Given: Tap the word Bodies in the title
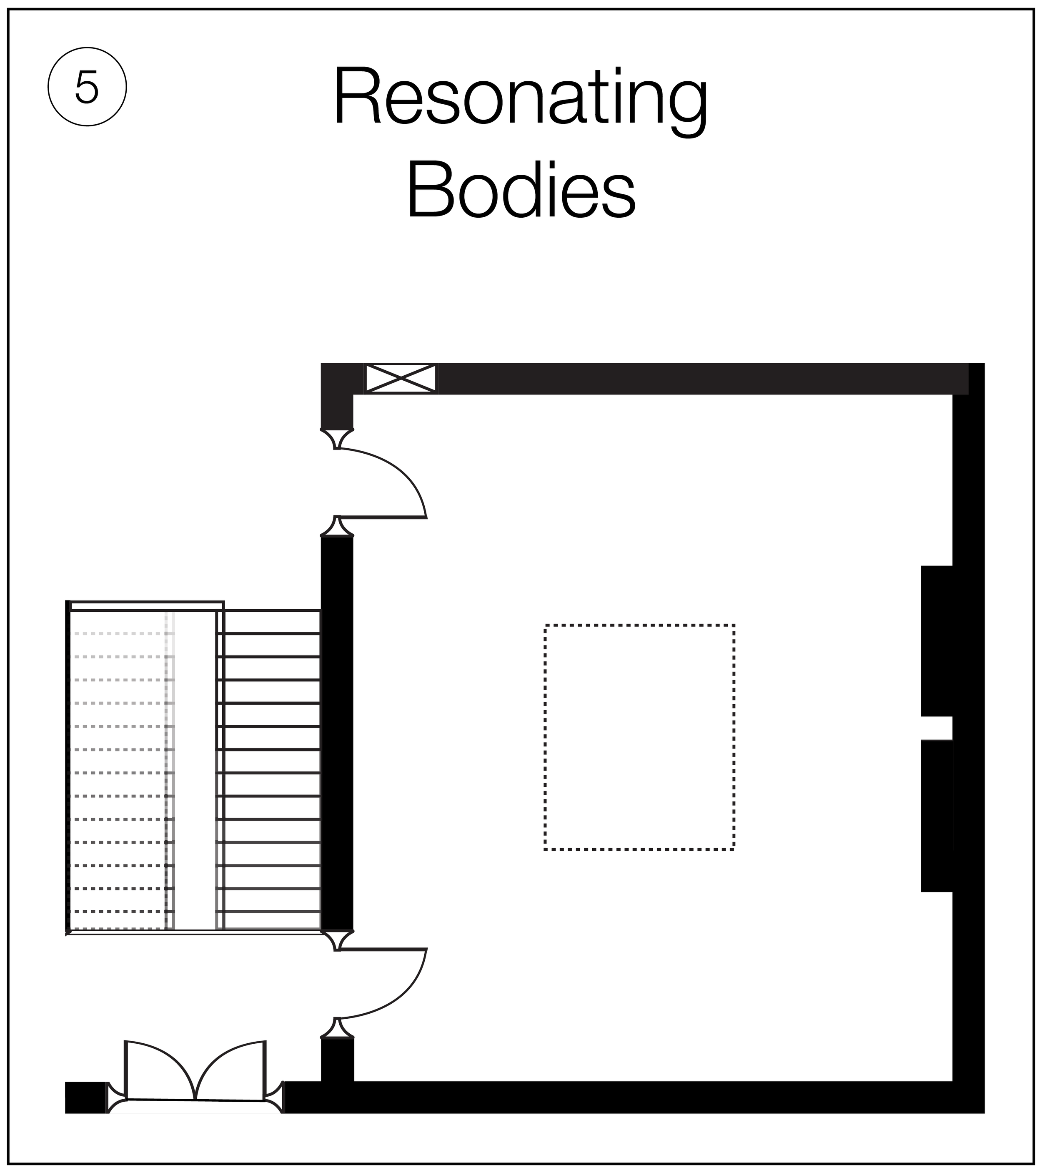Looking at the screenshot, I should pyautogui.click(x=520, y=189).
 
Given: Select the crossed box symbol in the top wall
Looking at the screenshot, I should pyautogui.click(x=400, y=378).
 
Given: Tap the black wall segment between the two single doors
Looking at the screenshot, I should pyautogui.click(x=337, y=732).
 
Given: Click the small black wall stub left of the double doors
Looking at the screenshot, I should pyautogui.click(x=86, y=1097).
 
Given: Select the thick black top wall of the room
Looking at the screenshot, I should pyautogui.click(x=688, y=378).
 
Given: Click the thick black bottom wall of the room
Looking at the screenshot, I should pyautogui.click(x=631, y=1097).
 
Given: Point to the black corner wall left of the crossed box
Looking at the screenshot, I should pyautogui.click(x=338, y=390).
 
